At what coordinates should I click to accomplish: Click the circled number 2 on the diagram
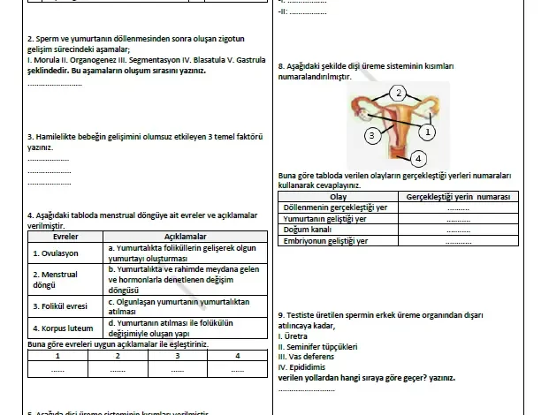click(399, 93)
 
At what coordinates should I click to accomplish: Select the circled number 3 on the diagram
click(373, 135)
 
